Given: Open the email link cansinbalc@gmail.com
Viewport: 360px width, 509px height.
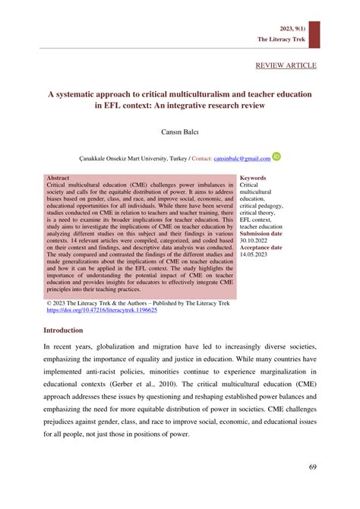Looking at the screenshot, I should point(242,159).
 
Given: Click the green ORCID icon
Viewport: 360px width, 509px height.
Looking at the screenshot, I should point(276,157).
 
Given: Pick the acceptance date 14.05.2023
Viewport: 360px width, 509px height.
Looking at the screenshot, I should point(256,254).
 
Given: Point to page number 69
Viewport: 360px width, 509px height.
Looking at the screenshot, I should point(311,466).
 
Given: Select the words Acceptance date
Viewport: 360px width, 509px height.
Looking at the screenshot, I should point(261,248).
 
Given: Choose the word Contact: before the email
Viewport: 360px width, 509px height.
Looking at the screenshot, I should point(200,159).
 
